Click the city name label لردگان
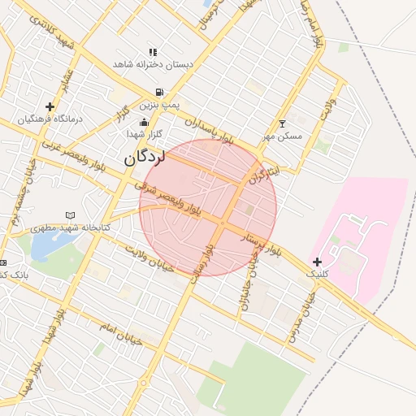[145, 158]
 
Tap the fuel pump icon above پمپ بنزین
[158, 92]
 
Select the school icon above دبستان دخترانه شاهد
[153, 52]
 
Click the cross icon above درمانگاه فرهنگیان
[50, 106]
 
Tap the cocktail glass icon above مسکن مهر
[282, 124]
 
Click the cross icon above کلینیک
[317, 262]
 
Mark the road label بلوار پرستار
[259, 241]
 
